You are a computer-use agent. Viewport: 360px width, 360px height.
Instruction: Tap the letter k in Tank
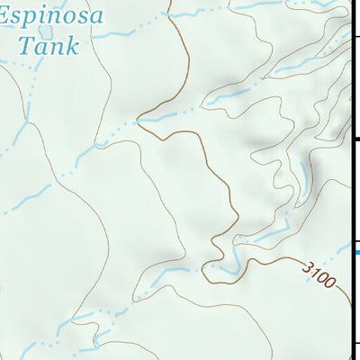pos(70,44)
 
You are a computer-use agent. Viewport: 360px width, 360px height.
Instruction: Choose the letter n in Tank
pos(55,46)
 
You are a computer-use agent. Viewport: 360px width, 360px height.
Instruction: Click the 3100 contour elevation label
pos(319,275)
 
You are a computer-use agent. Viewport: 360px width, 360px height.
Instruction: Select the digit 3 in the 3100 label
pos(309,267)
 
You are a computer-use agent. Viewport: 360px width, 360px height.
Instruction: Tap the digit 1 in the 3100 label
pos(316,273)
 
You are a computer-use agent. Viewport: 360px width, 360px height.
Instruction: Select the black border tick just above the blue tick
pos(355,240)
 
